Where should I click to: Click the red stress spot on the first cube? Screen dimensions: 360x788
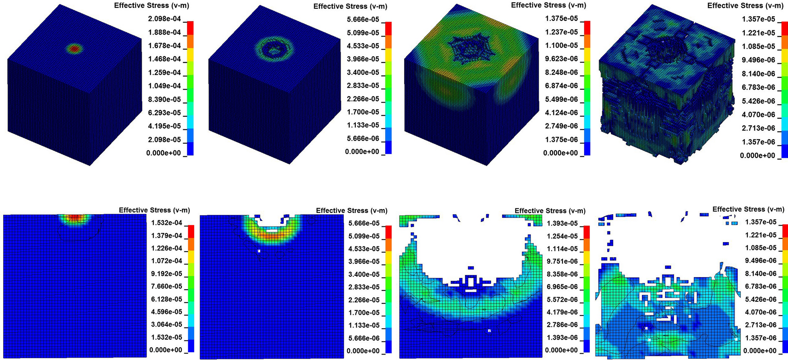click(74, 49)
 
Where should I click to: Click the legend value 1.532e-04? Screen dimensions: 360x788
click(167, 223)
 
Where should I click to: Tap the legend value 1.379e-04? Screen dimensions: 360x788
click(167, 235)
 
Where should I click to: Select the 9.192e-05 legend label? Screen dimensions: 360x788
click(167, 274)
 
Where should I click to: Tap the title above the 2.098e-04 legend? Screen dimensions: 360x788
click(151, 6)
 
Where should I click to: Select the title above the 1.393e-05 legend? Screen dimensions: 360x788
click(550, 211)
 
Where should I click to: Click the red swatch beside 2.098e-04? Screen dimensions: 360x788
click(190, 28)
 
